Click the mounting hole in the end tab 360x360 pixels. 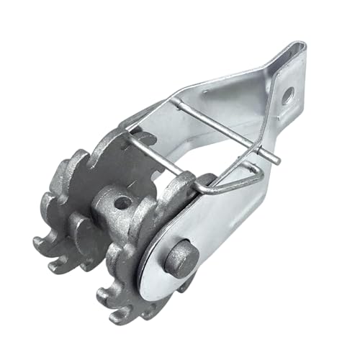coord(287,94)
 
